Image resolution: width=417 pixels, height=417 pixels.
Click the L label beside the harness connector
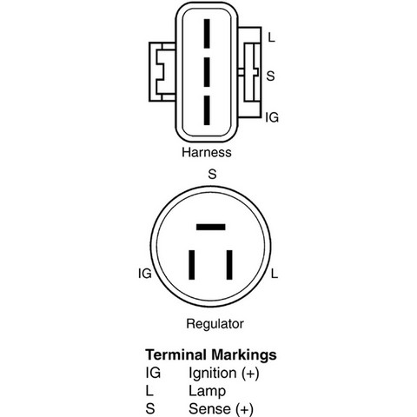tap(271, 37)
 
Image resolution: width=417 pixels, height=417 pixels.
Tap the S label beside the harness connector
tap(270, 76)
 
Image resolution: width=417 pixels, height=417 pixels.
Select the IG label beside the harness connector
tap(272, 117)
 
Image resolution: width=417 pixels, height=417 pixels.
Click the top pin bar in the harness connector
tap(207, 34)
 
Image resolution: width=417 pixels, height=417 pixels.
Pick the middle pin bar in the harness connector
tap(207, 72)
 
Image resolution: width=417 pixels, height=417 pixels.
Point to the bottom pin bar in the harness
tap(207, 110)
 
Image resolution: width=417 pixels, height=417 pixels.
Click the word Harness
tap(207, 152)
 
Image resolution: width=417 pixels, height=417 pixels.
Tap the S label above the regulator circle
tap(212, 174)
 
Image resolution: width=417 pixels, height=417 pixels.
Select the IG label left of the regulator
tap(145, 274)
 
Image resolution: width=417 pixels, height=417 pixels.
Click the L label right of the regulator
tap(275, 274)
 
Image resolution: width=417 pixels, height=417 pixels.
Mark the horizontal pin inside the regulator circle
tap(211, 227)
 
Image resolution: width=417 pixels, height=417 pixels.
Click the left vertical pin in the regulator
tap(192, 265)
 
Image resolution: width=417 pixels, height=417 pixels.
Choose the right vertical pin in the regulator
tap(229, 265)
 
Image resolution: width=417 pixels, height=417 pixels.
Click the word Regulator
tap(215, 323)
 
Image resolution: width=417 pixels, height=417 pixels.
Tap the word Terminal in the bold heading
tap(175, 354)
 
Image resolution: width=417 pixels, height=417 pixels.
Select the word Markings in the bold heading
tap(244, 355)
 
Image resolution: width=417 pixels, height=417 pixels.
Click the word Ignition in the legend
tap(213, 374)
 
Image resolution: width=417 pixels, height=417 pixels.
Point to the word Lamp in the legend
tap(207, 391)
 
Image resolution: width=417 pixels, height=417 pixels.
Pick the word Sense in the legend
tap(209, 409)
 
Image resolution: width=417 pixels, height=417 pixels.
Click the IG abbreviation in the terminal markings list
tap(153, 373)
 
